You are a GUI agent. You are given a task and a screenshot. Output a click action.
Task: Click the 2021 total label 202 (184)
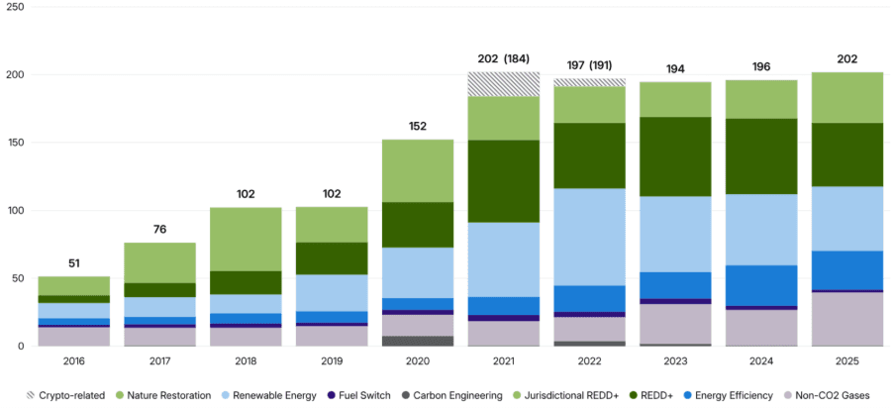coord(504,58)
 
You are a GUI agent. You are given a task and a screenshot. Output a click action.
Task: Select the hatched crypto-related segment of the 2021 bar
coord(504,84)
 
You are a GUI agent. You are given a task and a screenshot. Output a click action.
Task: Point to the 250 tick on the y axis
coord(15,7)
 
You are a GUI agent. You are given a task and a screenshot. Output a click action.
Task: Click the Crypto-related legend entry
coord(67,395)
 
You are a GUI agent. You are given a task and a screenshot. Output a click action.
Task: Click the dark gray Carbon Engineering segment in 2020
coord(419,341)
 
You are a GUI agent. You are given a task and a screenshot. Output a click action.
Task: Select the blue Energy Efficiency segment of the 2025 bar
coord(846,270)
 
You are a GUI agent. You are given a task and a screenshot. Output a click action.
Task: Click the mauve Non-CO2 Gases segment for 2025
coord(846,319)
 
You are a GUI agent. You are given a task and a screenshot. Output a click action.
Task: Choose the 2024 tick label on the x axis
coord(760,359)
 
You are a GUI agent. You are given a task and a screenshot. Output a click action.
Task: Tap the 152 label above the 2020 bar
coord(419,126)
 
